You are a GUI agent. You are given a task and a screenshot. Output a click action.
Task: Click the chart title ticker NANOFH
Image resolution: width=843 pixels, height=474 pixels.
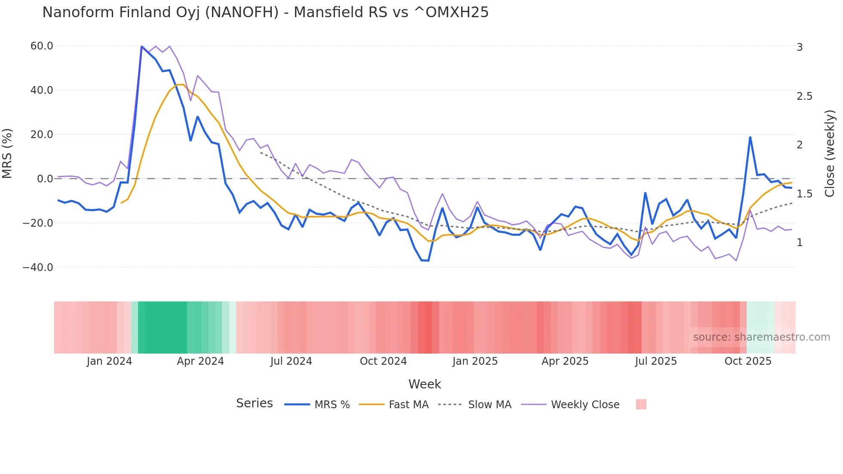click(242, 12)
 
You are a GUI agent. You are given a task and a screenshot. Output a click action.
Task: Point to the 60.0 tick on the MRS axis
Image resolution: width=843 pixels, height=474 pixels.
click(42, 46)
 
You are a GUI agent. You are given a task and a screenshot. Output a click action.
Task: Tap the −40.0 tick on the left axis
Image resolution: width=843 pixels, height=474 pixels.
click(38, 268)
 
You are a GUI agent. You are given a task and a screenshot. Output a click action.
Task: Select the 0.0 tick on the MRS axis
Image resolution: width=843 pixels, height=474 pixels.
click(45, 179)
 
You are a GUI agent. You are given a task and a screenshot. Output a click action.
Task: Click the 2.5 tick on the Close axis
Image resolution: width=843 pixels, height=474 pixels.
click(804, 96)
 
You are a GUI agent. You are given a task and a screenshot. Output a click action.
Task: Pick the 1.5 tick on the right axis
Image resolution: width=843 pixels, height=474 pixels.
click(804, 194)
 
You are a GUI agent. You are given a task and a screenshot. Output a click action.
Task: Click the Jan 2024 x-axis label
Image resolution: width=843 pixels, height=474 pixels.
click(109, 361)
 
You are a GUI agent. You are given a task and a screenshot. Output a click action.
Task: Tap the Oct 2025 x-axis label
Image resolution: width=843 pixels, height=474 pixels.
click(748, 361)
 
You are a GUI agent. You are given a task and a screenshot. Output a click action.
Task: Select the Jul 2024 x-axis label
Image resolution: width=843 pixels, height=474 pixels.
click(291, 361)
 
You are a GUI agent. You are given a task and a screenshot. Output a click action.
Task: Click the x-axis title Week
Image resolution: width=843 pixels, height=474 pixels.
click(425, 384)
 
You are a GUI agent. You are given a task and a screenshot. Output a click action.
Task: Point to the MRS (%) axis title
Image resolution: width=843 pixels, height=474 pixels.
click(7, 154)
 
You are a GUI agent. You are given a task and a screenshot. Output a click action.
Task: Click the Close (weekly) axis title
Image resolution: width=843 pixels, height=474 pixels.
click(830, 154)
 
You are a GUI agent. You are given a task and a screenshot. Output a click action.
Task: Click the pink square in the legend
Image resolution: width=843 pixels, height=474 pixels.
click(641, 404)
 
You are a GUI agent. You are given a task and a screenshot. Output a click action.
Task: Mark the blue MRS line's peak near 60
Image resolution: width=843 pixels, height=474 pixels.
click(142, 46)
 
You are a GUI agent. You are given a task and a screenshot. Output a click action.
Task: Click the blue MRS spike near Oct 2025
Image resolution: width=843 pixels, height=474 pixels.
click(750, 137)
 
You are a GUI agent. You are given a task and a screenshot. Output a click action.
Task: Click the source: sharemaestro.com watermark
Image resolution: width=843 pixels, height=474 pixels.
click(761, 337)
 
